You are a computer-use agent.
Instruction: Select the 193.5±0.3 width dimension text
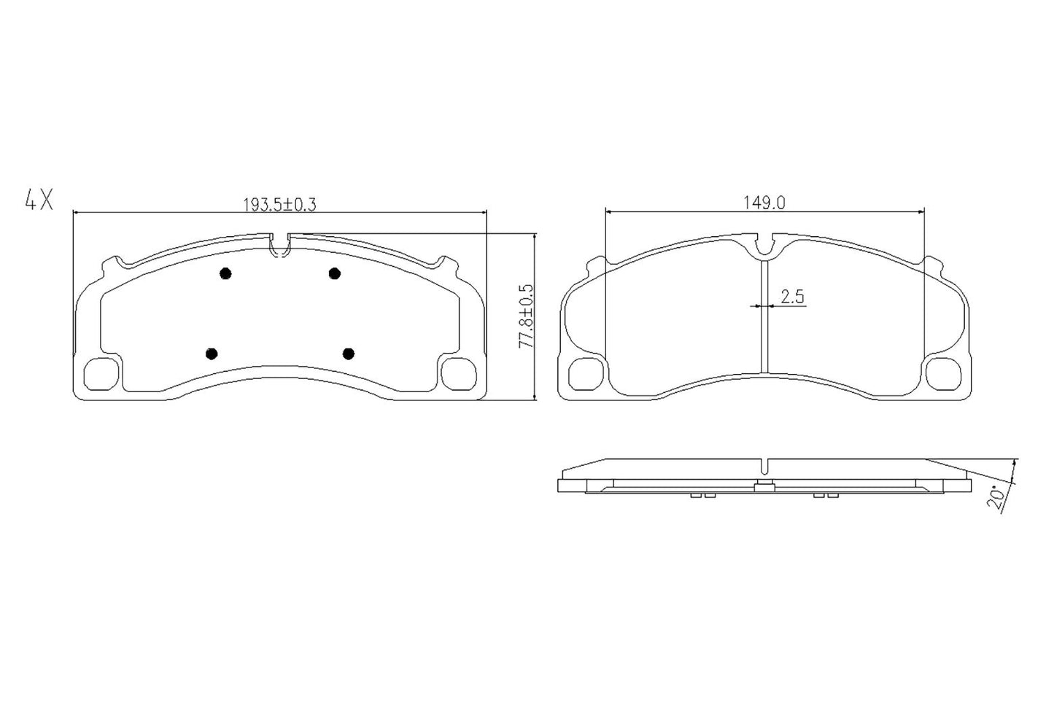(x=279, y=205)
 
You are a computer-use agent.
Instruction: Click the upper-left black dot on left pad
(x=225, y=273)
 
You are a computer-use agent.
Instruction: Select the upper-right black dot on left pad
(x=334, y=273)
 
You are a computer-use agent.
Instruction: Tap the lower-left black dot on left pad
(x=212, y=354)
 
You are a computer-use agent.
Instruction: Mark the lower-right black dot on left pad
(x=348, y=354)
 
